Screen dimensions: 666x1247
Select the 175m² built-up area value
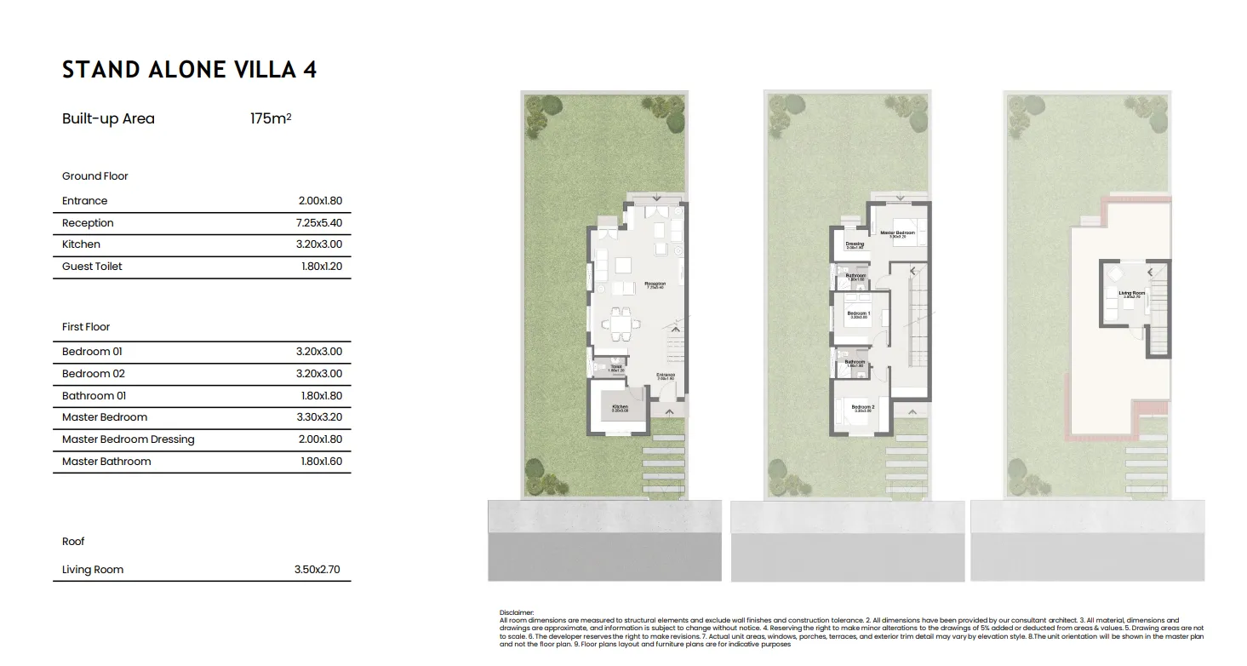point(271,119)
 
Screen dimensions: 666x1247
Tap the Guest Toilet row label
point(92,267)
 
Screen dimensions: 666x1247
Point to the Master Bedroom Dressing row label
point(128,439)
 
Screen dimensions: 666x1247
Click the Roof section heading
point(73,542)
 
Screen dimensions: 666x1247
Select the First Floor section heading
point(86,327)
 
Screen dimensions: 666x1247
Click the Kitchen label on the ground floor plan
point(620,407)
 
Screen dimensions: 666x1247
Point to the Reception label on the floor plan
point(655,284)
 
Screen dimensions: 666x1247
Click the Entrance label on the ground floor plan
point(666,375)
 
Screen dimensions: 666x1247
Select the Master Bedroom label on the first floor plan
point(897,233)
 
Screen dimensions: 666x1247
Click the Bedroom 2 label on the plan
point(863,407)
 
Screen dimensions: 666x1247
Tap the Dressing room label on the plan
point(855,244)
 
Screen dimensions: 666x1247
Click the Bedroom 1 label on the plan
point(858,313)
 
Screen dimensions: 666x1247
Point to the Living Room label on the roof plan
point(1131,293)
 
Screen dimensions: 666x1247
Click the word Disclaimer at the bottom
point(518,612)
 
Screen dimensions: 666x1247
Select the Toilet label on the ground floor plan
point(615,367)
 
